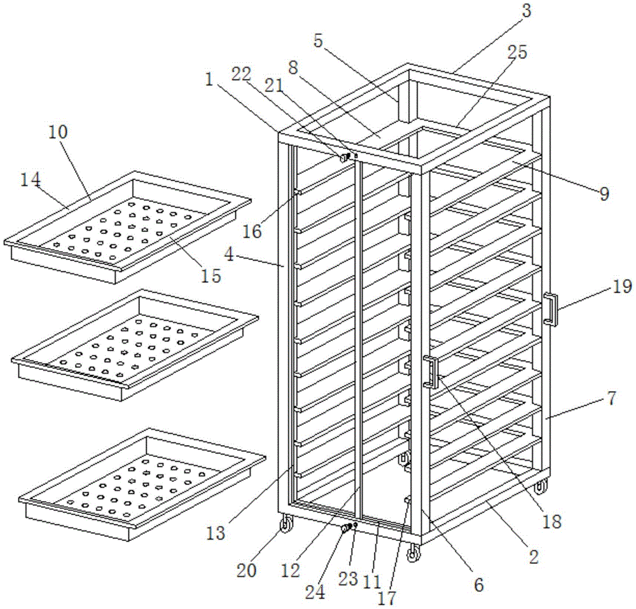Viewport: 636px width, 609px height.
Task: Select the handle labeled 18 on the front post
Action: click(432, 372)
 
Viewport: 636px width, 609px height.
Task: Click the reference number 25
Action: click(516, 52)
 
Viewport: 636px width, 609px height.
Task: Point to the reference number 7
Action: click(611, 400)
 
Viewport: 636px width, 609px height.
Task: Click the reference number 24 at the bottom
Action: click(314, 592)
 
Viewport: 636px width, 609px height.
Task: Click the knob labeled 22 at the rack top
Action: click(344, 156)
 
